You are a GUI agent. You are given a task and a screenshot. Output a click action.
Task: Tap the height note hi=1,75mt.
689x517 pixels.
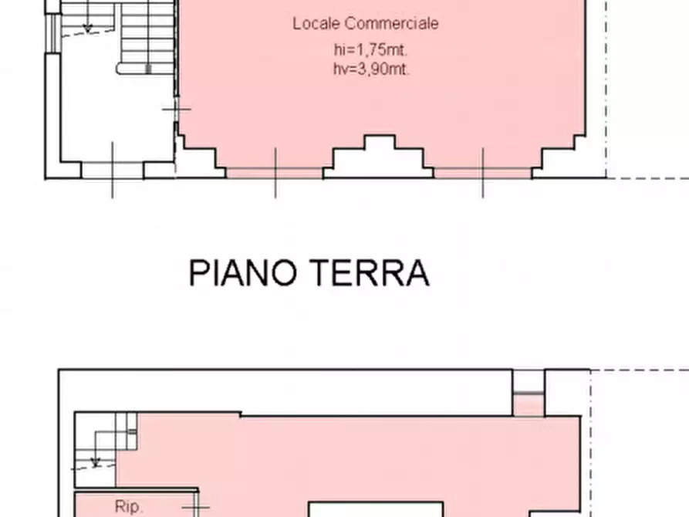pyautogui.click(x=366, y=51)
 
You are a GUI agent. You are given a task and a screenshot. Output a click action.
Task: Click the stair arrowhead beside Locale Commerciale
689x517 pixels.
pyautogui.click(x=87, y=28)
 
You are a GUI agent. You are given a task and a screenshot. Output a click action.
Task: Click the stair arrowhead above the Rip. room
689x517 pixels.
pyautogui.click(x=96, y=462)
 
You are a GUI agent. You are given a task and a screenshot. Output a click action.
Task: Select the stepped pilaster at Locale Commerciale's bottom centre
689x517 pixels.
pyautogui.click(x=378, y=156)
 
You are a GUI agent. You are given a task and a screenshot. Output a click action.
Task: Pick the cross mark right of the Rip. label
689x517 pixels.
pyautogui.click(x=193, y=507)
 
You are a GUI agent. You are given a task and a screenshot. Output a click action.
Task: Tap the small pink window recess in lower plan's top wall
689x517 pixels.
pyautogui.click(x=529, y=404)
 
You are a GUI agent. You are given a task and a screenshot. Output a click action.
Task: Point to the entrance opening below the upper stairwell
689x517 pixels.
pyautogui.click(x=113, y=170)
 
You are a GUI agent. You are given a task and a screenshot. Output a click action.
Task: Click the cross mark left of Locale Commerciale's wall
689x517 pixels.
pyautogui.click(x=176, y=110)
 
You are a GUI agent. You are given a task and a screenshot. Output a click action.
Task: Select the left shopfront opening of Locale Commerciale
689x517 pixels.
pyautogui.click(x=275, y=173)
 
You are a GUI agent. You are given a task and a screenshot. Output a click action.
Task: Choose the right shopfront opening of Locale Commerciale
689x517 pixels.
pyautogui.click(x=483, y=173)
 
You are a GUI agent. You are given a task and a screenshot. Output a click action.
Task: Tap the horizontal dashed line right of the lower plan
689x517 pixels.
pyautogui.click(x=640, y=370)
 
